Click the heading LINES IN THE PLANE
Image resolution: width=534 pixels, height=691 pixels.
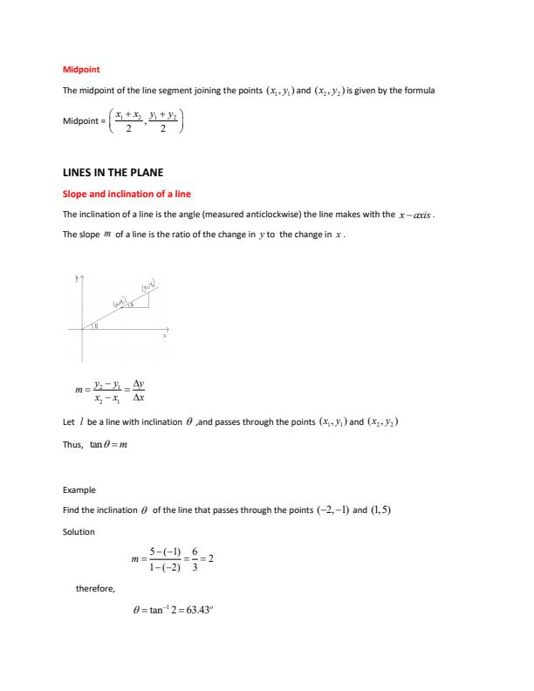pyautogui.click(x=113, y=174)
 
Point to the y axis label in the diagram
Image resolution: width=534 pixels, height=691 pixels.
pyautogui.click(x=77, y=278)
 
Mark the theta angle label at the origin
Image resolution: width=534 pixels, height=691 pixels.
pyautogui.click(x=97, y=325)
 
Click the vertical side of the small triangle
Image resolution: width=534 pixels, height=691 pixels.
pyautogui.click(x=149, y=298)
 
